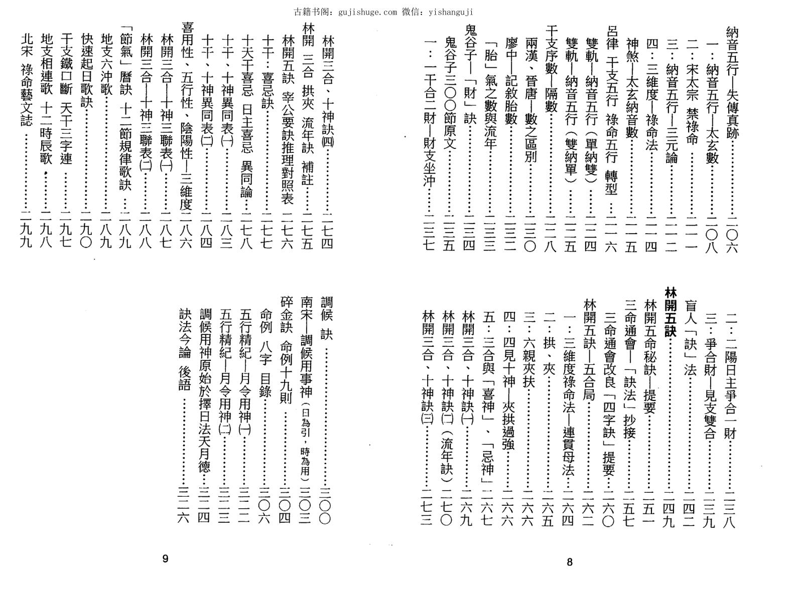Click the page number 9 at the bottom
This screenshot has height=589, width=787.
166,559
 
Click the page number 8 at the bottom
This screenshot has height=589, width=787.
569,562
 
